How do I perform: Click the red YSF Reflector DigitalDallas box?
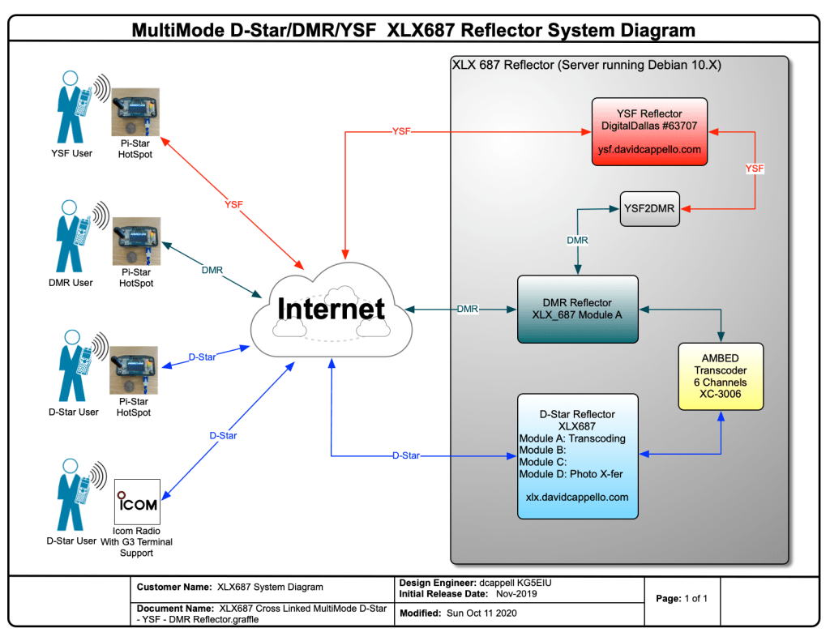(x=649, y=131)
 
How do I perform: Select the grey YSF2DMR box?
(x=650, y=208)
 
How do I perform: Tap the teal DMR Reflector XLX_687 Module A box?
(x=577, y=309)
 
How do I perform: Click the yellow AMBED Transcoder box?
(x=721, y=376)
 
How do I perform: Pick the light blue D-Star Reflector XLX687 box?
(x=577, y=455)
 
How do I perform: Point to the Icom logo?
(x=137, y=502)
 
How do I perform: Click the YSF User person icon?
(x=71, y=106)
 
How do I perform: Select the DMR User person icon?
(x=71, y=236)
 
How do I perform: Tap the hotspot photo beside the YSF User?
(x=135, y=112)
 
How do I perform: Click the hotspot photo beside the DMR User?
(x=135, y=241)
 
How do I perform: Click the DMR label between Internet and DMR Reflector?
(x=467, y=309)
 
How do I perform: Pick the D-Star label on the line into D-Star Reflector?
(x=406, y=455)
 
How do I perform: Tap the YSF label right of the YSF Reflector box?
(x=755, y=169)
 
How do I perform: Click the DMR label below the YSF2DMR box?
(x=577, y=240)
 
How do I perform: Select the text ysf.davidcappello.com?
(x=649, y=150)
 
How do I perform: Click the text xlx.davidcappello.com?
(x=577, y=497)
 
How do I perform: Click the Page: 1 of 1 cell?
(x=682, y=599)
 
